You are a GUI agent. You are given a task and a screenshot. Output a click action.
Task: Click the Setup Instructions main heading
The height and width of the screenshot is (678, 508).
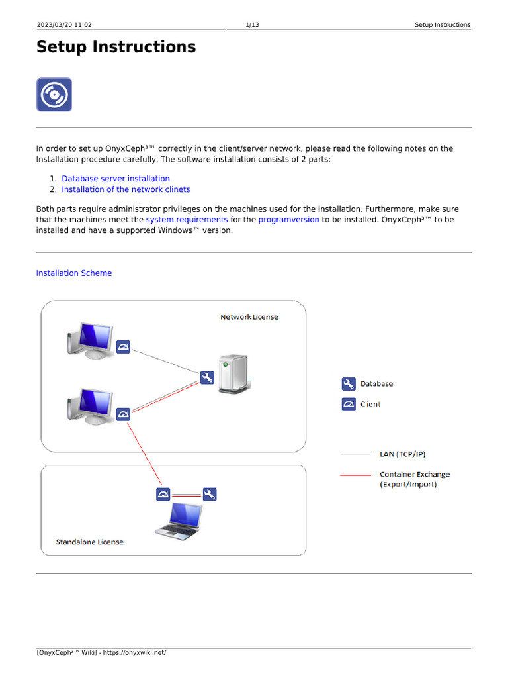[116, 47]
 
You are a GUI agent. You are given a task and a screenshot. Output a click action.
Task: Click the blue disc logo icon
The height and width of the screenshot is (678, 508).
[54, 95]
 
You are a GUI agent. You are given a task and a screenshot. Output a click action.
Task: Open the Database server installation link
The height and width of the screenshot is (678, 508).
[116, 179]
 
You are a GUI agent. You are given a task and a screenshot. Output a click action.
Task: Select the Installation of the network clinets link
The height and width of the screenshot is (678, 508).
[126, 189]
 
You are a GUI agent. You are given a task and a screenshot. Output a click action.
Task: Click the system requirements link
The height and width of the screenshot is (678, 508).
[187, 219]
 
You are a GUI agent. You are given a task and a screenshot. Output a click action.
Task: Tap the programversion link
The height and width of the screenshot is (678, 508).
[288, 219]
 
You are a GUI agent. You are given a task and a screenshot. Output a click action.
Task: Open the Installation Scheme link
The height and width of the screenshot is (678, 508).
[74, 273]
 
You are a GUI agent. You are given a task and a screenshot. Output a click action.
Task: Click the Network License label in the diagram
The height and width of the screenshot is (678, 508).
[249, 317]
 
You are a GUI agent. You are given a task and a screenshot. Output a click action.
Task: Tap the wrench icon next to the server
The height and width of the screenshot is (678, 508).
[206, 378]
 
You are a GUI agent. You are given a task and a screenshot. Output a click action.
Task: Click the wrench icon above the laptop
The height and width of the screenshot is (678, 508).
[210, 495]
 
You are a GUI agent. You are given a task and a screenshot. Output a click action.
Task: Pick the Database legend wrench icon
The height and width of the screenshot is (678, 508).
[349, 384]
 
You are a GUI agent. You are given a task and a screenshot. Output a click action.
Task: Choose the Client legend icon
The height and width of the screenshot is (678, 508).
[349, 404]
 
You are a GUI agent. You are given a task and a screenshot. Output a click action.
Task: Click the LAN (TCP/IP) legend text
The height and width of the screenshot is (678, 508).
[402, 454]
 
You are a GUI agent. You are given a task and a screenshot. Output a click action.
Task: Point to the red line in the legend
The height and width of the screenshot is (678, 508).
[355, 475]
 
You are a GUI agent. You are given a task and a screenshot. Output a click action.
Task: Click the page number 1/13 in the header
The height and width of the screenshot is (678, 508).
[251, 25]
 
